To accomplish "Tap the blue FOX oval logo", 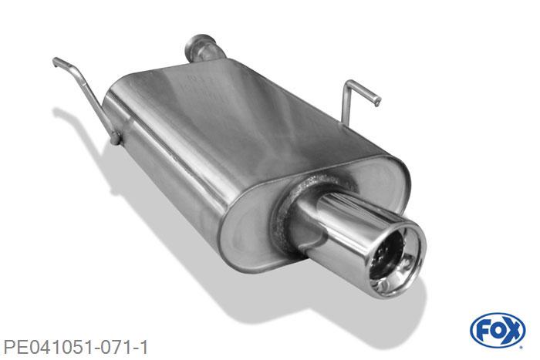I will (x=497, y=331).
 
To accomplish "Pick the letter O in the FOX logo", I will (x=497, y=331).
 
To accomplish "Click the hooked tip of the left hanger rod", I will (x=56, y=61).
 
